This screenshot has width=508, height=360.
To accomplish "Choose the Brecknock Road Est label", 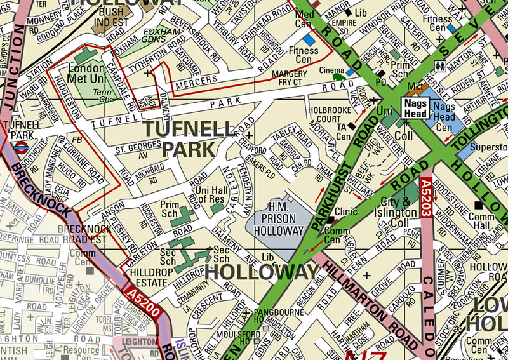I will [84, 234].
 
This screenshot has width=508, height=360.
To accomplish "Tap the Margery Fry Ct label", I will [290, 78].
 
